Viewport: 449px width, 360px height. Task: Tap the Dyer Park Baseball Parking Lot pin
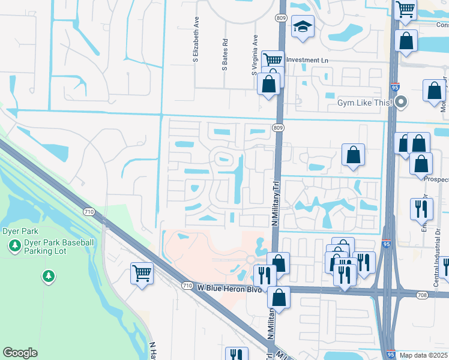tap(14, 245)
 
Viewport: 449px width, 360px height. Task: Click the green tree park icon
tap(48, 276)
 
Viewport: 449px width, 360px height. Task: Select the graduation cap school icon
tap(303, 27)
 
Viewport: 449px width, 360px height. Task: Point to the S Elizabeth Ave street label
tap(196, 40)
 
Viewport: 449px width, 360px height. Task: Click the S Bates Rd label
tap(225, 55)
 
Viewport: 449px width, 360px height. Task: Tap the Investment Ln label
tap(307, 60)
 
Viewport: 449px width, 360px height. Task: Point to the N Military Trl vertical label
tap(277, 203)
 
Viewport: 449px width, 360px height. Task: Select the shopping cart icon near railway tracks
tap(142, 274)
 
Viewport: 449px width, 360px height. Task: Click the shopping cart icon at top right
tap(406, 8)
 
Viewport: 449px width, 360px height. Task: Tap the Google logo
tap(20, 353)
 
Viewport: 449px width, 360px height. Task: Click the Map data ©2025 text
tap(423, 355)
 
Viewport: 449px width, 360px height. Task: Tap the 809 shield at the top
tap(282, 18)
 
